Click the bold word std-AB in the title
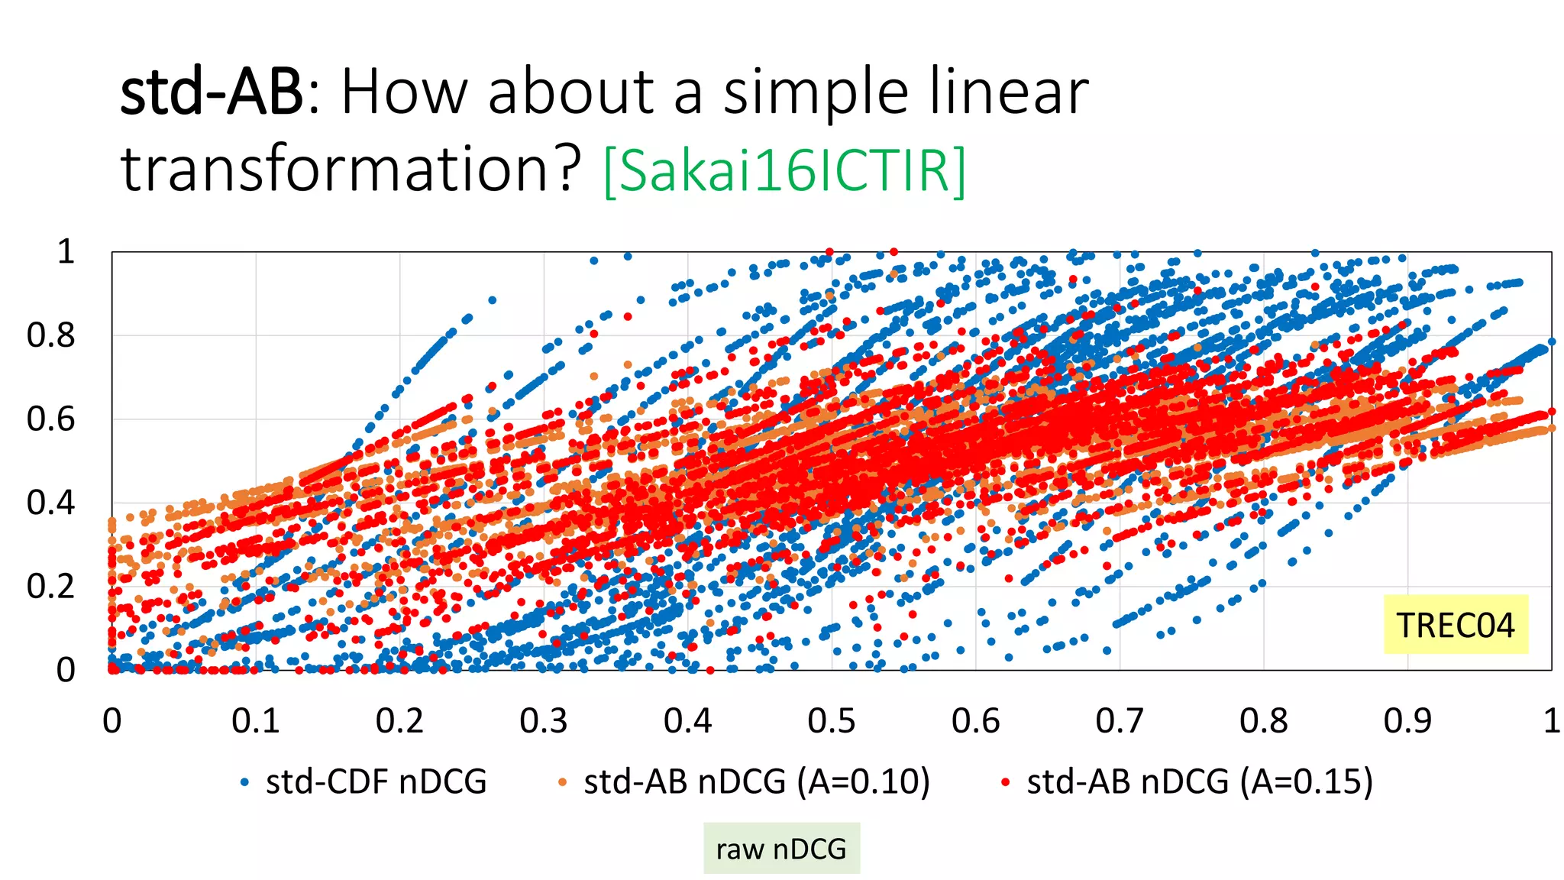[212, 92]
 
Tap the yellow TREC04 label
[1456, 625]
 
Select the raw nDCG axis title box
[781, 849]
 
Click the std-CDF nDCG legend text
[376, 781]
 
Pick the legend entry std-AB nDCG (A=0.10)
[757, 781]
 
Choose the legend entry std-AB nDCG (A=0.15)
[1200, 781]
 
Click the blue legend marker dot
[244, 782]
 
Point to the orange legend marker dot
[563, 782]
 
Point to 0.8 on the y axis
[50, 335]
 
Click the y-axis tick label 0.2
[50, 587]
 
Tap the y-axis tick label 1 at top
[66, 251]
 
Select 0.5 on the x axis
[832, 720]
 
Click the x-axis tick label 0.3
[544, 720]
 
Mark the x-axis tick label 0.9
[1407, 720]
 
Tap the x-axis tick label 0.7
[1120, 720]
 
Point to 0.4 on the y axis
[50, 503]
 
